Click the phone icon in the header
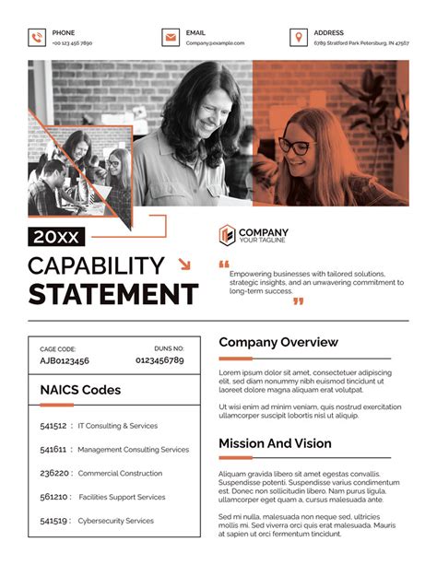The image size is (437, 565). click(x=37, y=38)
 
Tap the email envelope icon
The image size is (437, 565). click(x=170, y=38)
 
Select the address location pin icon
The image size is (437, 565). click(x=297, y=38)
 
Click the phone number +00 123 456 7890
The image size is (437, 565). click(x=72, y=43)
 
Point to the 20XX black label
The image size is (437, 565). click(x=56, y=237)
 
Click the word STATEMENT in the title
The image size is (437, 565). click(x=112, y=295)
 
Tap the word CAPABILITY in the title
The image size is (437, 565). click(x=96, y=266)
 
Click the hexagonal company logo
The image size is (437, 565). click(x=227, y=235)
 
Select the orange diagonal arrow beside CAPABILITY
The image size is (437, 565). click(x=183, y=265)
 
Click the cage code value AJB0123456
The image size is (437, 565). click(x=65, y=361)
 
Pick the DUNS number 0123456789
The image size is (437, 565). click(x=160, y=361)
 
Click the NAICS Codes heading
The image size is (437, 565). click(x=80, y=390)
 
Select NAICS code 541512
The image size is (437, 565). click(x=53, y=426)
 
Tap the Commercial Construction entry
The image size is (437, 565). click(x=120, y=474)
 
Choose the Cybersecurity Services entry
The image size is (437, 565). click(x=116, y=521)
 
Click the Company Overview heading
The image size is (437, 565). click(x=278, y=342)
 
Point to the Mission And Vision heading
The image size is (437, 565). click(x=275, y=443)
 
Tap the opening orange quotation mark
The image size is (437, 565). click(x=224, y=265)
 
